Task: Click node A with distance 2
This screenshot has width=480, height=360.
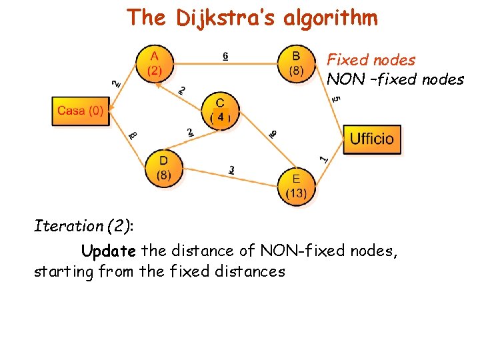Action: click(154, 63)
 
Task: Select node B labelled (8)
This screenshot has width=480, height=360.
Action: click(296, 63)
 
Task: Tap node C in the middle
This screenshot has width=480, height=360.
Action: click(220, 110)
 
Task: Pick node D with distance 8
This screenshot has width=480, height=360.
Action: click(163, 168)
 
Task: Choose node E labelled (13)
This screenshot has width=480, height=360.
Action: click(296, 185)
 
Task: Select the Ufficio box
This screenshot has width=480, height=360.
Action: click(372, 139)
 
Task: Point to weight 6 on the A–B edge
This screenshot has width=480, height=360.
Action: click(225, 56)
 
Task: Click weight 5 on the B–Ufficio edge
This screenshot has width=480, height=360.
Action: click(337, 98)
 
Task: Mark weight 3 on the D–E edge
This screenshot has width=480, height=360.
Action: click(231, 170)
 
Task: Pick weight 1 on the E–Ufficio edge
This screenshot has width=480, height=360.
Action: click(324, 159)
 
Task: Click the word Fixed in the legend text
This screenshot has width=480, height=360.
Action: click(345, 60)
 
